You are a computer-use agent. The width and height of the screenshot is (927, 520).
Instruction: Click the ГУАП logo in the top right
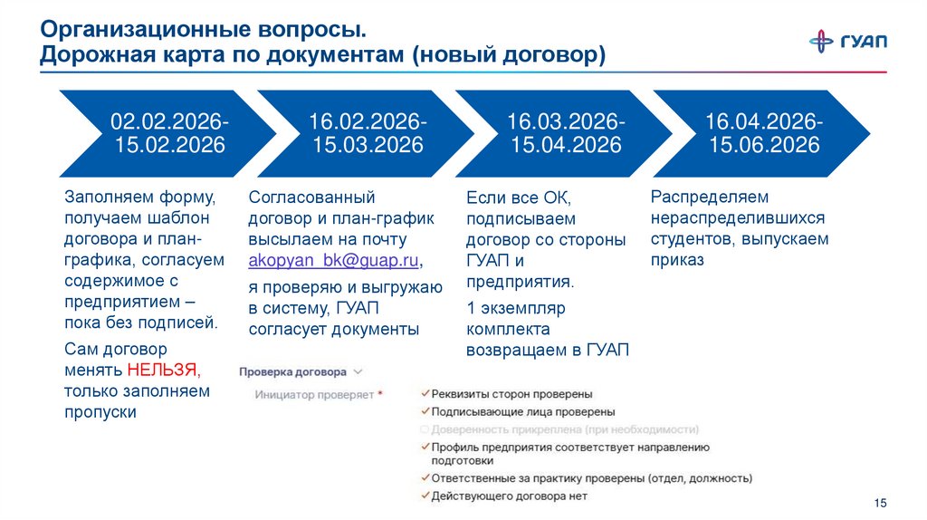847,41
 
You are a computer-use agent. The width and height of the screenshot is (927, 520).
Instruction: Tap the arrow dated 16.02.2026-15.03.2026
367,133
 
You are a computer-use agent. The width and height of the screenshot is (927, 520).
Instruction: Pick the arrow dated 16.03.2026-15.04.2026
564,133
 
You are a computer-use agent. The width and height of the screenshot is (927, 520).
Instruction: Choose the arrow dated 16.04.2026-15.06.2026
763,133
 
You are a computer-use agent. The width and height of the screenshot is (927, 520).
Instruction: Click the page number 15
882,503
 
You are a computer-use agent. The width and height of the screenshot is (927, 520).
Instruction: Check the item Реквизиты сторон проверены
511,394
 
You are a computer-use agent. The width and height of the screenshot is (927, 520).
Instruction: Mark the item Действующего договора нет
509,496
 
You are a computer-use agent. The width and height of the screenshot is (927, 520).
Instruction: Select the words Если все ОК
519,197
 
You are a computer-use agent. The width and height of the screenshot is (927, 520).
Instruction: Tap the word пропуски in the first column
100,412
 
